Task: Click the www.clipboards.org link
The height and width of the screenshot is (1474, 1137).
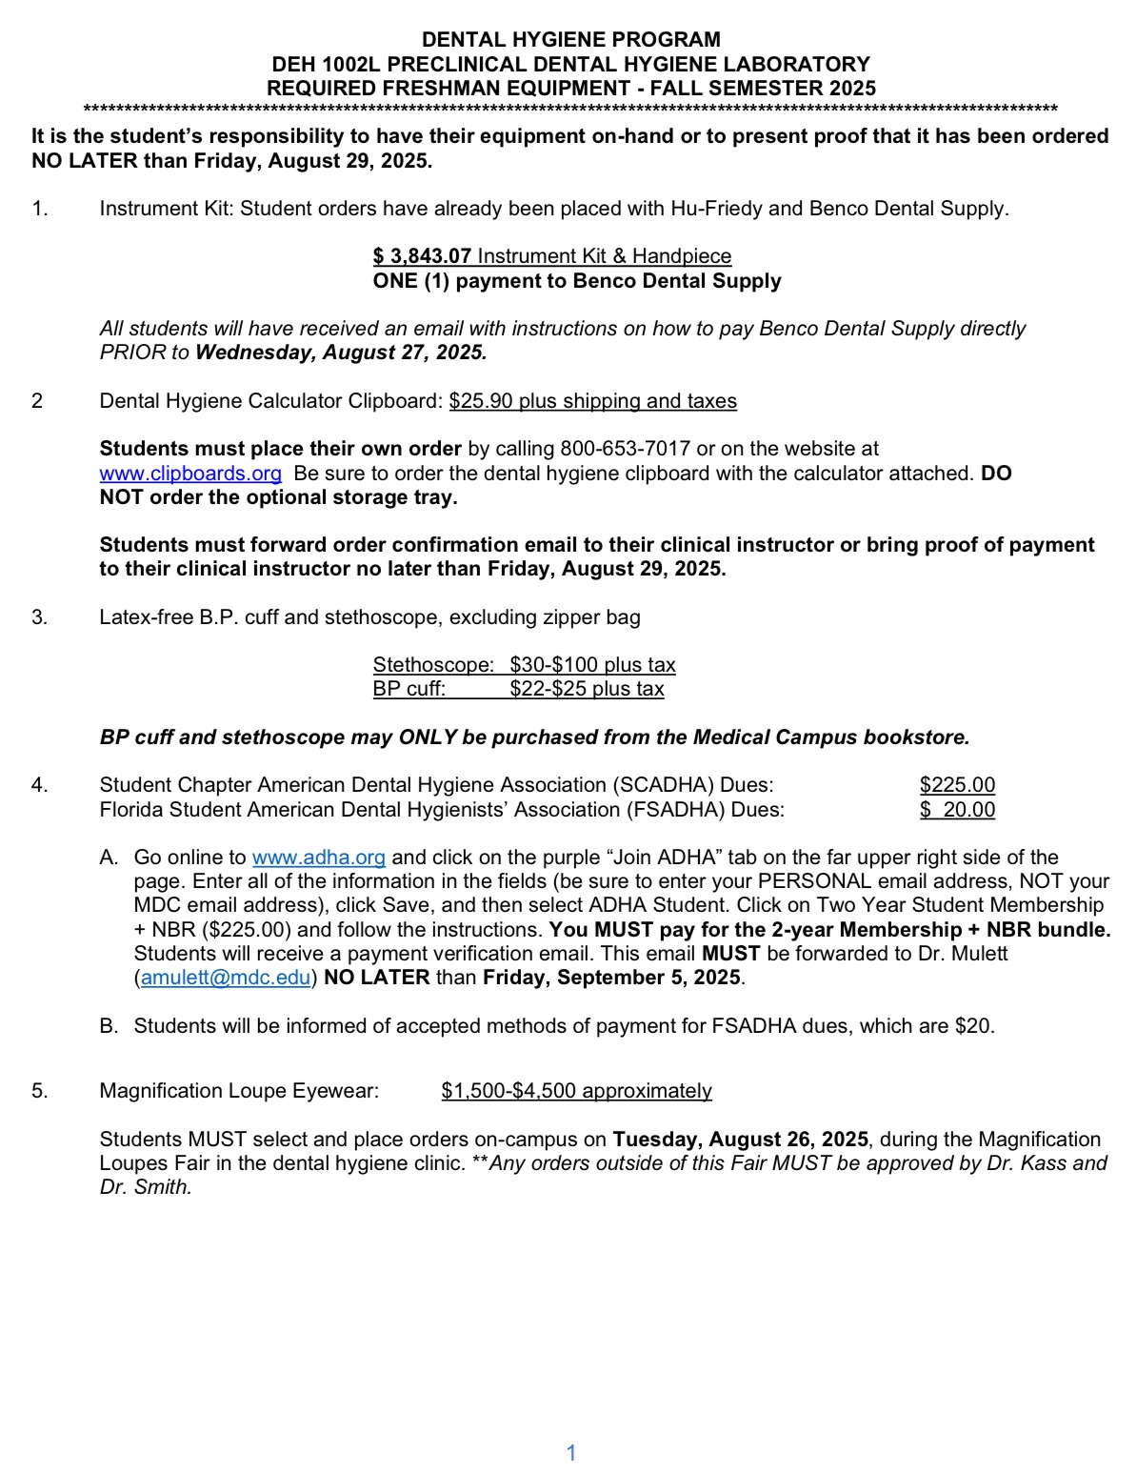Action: tap(190, 474)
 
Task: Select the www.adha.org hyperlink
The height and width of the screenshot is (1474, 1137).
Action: tap(318, 858)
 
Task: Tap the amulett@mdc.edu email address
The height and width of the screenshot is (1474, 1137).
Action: tap(226, 978)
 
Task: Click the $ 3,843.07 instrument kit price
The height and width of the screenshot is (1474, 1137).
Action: tap(422, 256)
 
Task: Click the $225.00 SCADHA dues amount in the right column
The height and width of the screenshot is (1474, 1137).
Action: tap(957, 785)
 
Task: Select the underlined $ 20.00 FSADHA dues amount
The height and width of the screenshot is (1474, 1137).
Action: tap(957, 810)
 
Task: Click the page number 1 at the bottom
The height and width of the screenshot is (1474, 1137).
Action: tap(571, 1453)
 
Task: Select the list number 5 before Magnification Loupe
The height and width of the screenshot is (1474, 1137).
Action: tap(39, 1091)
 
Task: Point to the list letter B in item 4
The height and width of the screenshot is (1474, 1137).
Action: tap(108, 1026)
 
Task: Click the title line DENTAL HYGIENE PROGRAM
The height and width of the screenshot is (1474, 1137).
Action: tap(570, 40)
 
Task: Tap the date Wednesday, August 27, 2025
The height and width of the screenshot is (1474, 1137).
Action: tap(341, 353)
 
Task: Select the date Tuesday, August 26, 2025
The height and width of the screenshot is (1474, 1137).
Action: tap(740, 1140)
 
